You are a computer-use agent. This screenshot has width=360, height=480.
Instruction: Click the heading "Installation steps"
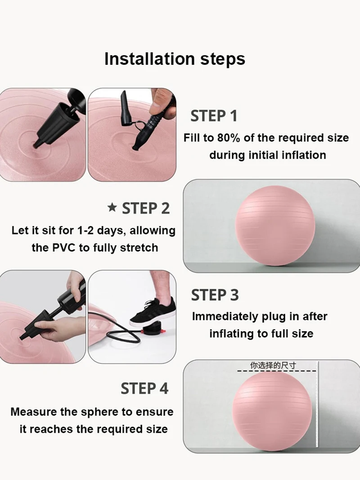coord(175,59)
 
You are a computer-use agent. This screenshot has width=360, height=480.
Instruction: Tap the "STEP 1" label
coord(214,116)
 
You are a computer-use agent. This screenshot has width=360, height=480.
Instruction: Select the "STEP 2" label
coord(146,208)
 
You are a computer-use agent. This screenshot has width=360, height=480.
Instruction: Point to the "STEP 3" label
coord(215,295)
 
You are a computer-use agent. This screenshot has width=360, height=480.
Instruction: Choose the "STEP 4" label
coord(144,389)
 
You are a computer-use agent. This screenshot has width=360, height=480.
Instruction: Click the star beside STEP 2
coord(112,208)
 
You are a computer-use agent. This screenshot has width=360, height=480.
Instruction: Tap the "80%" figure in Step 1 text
coord(229,138)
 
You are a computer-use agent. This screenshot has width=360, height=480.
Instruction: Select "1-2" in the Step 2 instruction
coord(85,230)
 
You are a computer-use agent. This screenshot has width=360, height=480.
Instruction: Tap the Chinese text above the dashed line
coord(273,365)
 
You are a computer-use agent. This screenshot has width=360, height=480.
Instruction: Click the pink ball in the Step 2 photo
coord(275,226)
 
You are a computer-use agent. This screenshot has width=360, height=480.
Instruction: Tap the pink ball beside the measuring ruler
coord(272,411)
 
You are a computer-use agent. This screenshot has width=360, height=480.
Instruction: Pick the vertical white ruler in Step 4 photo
coord(317,404)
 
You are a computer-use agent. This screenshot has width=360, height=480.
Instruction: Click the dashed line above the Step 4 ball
coord(277,371)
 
